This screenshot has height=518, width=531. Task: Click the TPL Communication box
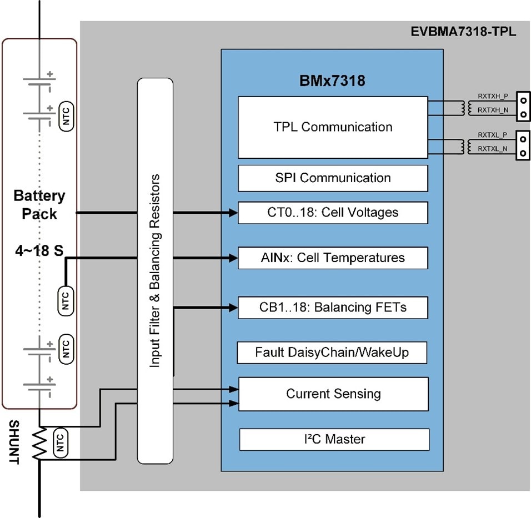coord(333,127)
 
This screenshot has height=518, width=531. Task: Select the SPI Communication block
coord(333,178)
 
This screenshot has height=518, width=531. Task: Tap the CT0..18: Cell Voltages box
coord(333,213)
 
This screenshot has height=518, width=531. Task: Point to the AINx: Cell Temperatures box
coord(333,258)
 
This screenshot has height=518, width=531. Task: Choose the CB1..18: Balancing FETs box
coord(333,308)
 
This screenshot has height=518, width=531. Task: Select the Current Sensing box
coord(333,394)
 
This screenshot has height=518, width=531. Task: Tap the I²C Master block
coord(334,439)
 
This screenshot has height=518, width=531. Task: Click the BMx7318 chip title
coord(332,82)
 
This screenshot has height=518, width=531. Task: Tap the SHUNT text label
coord(14,443)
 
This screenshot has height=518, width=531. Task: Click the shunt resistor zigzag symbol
coord(39,443)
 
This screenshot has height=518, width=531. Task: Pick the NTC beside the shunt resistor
coord(61,443)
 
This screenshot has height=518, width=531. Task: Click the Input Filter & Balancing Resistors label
coord(155,270)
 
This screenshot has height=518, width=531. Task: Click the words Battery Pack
coord(39,204)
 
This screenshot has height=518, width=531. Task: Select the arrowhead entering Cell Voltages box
coord(233,212)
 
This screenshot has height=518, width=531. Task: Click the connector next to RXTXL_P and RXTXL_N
coord(523,145)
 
